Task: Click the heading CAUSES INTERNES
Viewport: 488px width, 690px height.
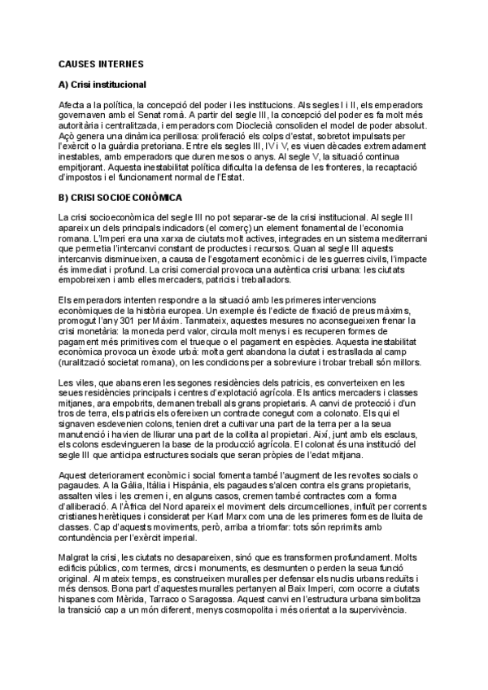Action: [101, 63]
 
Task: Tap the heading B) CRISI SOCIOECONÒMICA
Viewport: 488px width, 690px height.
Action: [120, 197]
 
